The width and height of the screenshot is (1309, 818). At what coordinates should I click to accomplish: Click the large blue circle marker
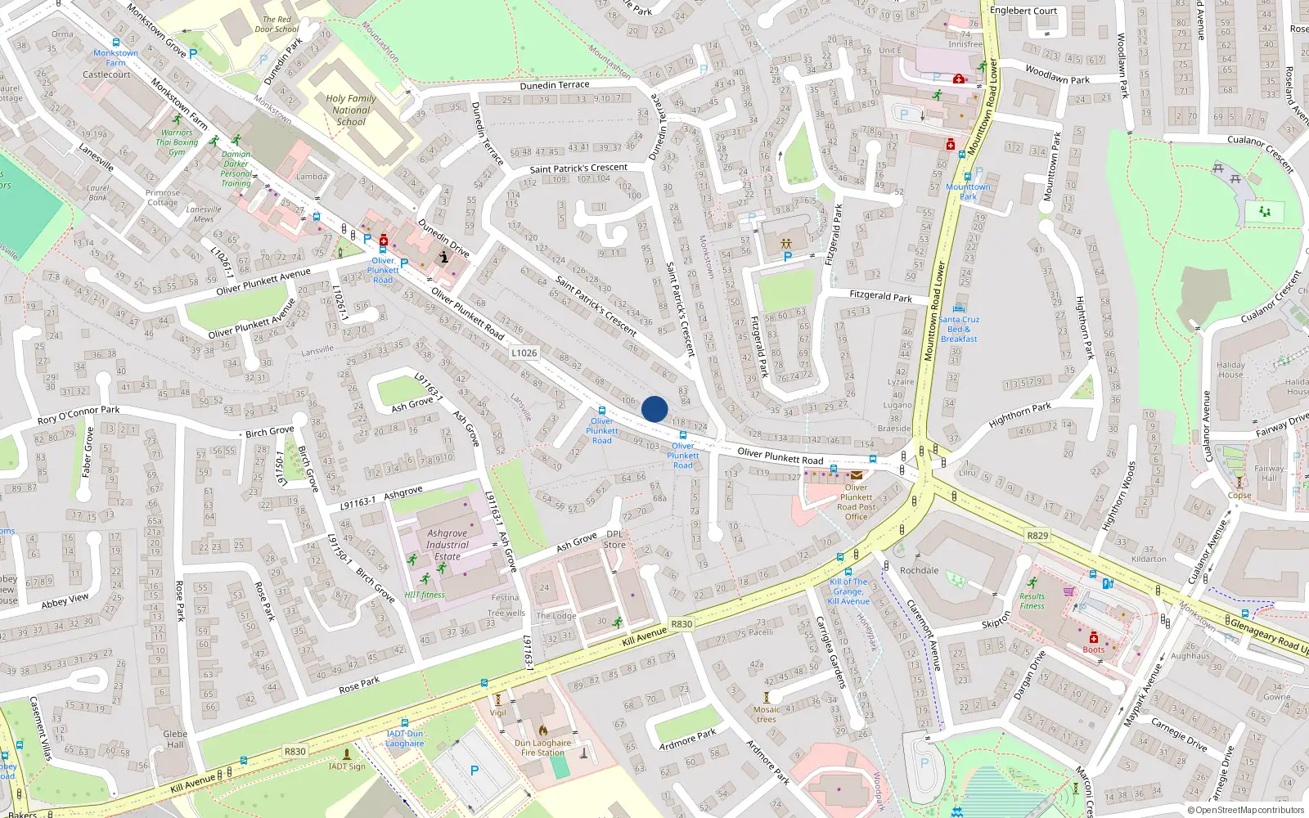654,409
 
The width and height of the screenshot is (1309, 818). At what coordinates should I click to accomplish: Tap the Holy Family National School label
351,110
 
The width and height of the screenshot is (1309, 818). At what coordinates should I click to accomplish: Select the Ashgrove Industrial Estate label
448,545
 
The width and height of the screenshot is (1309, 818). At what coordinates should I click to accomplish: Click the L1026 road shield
524,353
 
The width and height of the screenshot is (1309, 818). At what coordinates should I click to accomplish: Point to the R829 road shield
1037,535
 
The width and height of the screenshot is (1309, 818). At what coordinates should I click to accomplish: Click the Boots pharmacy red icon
1093,637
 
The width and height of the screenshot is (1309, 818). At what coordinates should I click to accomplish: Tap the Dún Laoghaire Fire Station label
542,748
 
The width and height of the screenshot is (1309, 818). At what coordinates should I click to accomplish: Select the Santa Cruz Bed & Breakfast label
959,329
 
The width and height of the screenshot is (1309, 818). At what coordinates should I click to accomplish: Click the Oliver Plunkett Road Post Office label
856,501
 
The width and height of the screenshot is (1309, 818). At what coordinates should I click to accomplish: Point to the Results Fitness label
1032,601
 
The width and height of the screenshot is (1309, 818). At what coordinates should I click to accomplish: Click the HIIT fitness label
425,595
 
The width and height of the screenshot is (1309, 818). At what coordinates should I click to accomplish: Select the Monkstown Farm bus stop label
115,57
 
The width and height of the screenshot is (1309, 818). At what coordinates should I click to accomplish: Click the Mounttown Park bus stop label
968,191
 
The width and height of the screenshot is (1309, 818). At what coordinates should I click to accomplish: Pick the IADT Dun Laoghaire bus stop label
404,739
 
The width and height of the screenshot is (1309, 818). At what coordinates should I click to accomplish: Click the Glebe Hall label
175,739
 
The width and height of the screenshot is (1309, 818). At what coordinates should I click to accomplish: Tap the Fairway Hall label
1269,473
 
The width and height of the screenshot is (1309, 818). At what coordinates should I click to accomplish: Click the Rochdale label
919,570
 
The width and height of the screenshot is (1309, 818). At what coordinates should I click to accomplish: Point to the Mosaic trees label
767,714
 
